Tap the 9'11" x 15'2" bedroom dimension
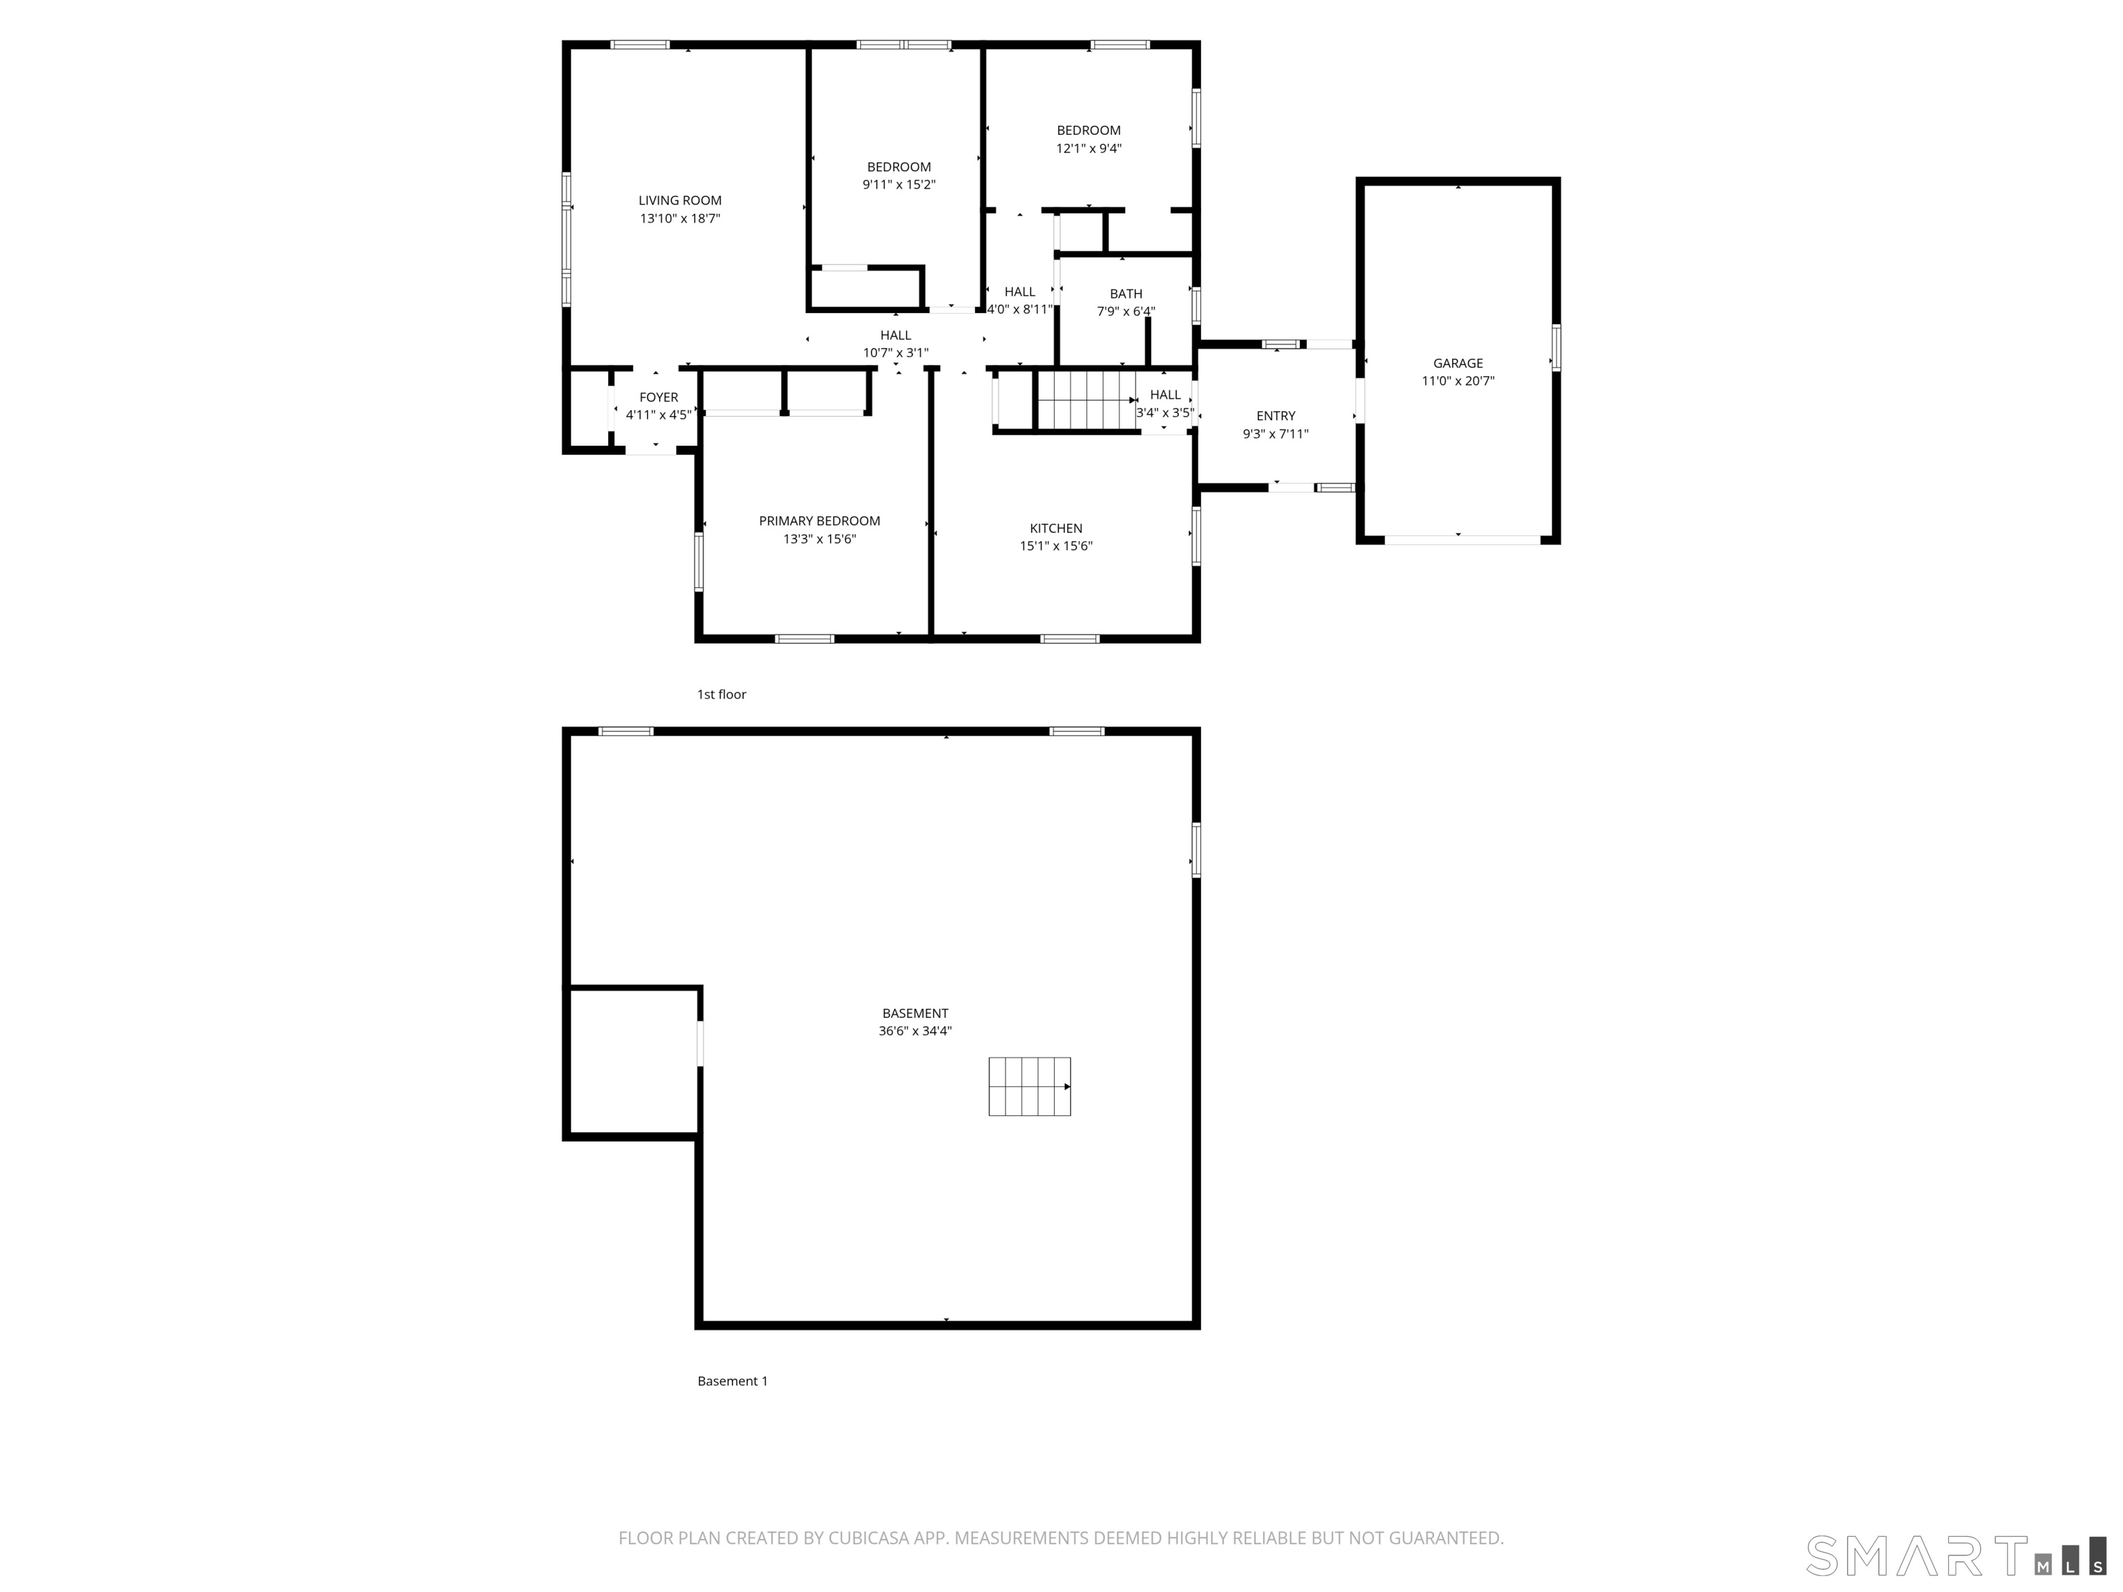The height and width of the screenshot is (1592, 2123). coord(898,184)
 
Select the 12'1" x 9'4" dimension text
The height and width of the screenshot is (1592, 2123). coord(1088,148)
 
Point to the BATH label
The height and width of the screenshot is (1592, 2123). coord(1126,294)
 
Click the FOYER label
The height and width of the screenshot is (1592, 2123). coord(659,397)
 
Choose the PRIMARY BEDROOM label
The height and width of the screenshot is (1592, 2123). coord(819,521)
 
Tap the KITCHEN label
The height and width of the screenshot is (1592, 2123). coord(1056,528)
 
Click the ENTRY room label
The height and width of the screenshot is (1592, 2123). coord(1276,415)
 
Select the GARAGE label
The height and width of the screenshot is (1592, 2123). coord(1458,363)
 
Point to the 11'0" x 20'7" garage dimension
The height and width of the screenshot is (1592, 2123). coord(1458,381)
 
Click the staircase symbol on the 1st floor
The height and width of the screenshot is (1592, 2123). coord(1086,400)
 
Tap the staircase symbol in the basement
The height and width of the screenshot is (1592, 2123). coord(1029,1086)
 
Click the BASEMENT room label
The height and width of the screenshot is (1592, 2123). coord(915,1014)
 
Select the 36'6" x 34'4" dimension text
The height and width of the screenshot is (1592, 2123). coord(915,1031)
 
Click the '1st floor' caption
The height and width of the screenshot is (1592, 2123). coord(721,694)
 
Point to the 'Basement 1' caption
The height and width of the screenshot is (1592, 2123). coord(733,1381)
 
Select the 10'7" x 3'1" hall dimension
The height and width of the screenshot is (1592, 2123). coord(896,353)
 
